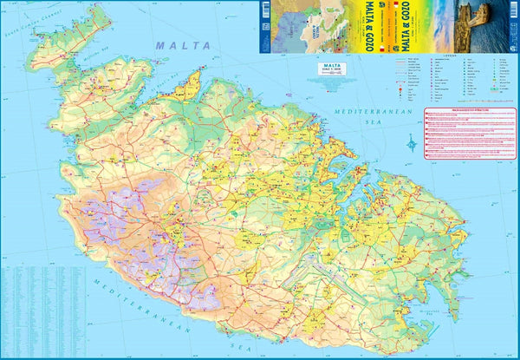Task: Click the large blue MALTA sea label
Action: (179, 43)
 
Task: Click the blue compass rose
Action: (410, 142)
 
